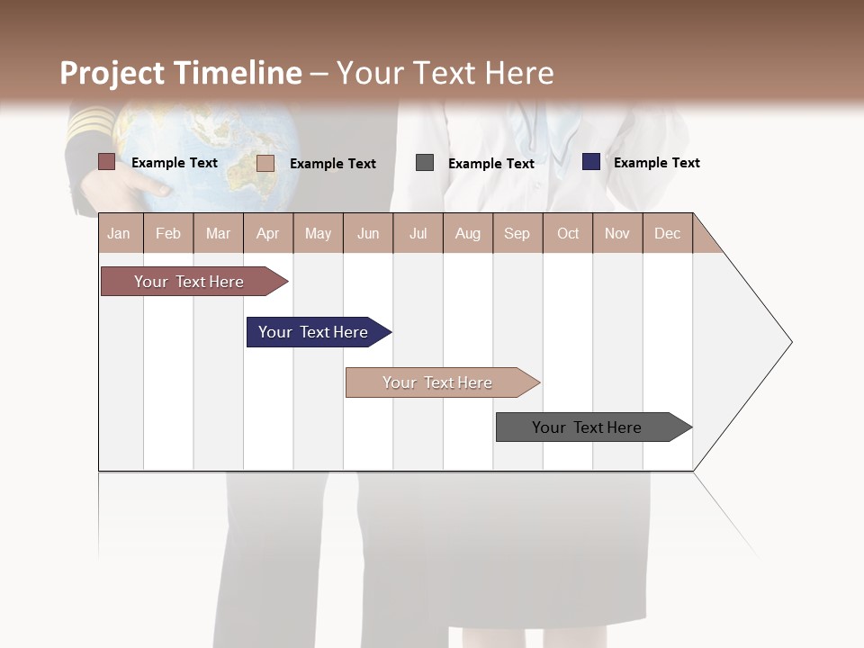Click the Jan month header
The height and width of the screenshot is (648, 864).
pyautogui.click(x=120, y=233)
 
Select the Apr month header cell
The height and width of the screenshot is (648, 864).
pyautogui.click(x=268, y=233)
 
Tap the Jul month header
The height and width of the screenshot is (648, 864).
pyautogui.click(x=418, y=233)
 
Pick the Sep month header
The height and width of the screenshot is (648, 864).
pyautogui.click(x=517, y=233)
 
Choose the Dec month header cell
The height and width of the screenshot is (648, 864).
pyautogui.click(x=667, y=233)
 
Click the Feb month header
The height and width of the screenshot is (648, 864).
pyautogui.click(x=168, y=233)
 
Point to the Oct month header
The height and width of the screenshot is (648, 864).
pyautogui.click(x=568, y=233)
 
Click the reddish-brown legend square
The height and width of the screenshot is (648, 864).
pyautogui.click(x=106, y=162)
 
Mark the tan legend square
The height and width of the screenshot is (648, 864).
pyautogui.click(x=265, y=163)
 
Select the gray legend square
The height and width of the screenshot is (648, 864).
pyautogui.click(x=425, y=162)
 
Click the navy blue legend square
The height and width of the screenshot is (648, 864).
pyautogui.click(x=590, y=162)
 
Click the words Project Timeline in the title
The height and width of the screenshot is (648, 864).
pyautogui.click(x=181, y=73)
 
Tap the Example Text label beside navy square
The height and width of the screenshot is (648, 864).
pyautogui.click(x=656, y=163)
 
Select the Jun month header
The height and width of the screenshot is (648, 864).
pyautogui.click(x=368, y=233)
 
